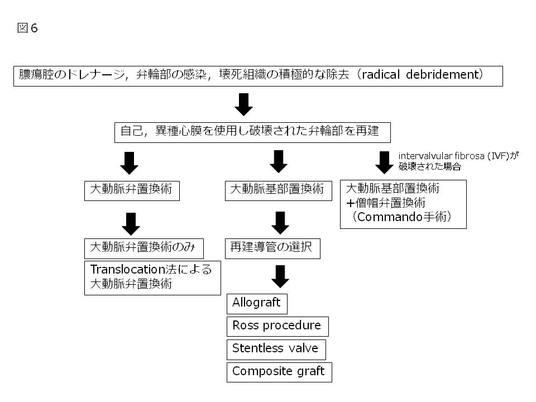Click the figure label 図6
(x=27, y=28)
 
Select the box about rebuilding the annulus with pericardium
(x=252, y=132)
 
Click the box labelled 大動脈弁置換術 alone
(x=132, y=190)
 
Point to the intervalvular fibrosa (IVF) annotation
(x=458, y=161)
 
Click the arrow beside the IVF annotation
(x=384, y=162)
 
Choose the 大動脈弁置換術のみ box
(x=143, y=247)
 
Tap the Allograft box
(x=257, y=303)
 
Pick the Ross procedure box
(x=277, y=326)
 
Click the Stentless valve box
(x=276, y=348)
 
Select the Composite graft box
(x=279, y=371)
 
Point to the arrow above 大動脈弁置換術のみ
(x=131, y=223)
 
